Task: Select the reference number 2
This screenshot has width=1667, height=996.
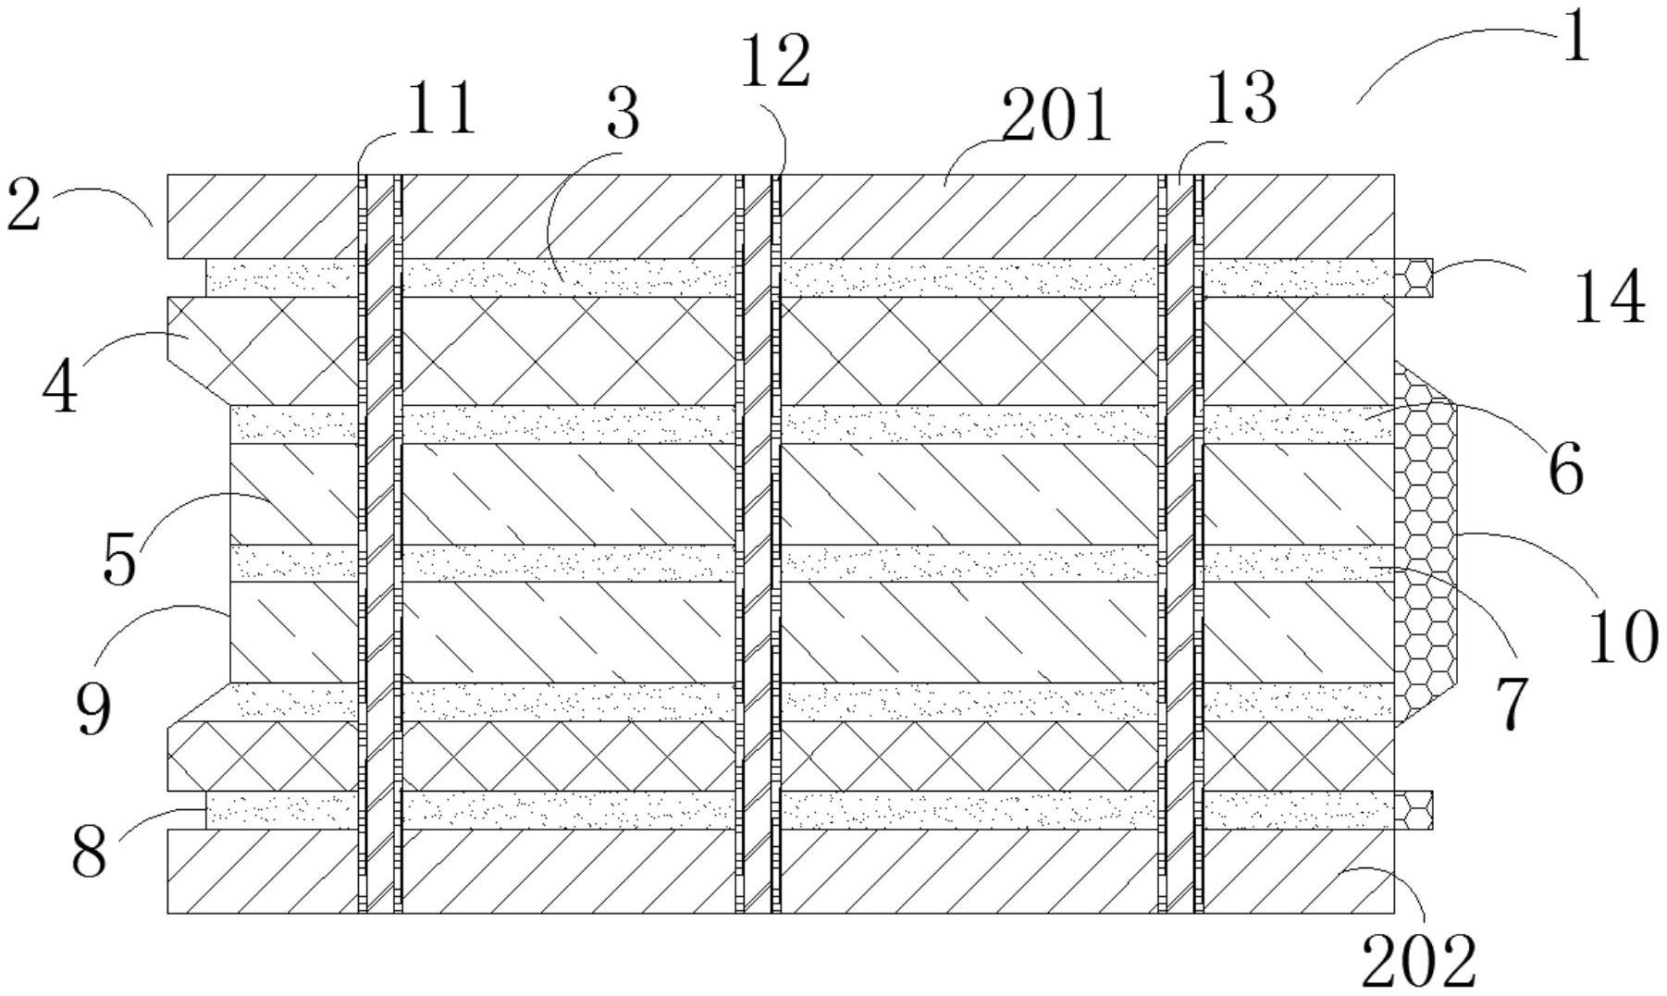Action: pyautogui.click(x=24, y=205)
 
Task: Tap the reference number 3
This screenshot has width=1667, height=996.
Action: pyautogui.click(x=623, y=115)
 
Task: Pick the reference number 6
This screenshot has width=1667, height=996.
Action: pyautogui.click(x=1565, y=468)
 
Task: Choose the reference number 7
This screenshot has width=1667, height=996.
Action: pyautogui.click(x=1511, y=703)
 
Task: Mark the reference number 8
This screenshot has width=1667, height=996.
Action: pyautogui.click(x=90, y=852)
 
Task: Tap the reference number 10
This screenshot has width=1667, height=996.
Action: pyautogui.click(x=1624, y=637)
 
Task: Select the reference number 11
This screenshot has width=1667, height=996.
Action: pyautogui.click(x=441, y=108)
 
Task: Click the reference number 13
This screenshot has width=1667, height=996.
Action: pyautogui.click(x=1242, y=99)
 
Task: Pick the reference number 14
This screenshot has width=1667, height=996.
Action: pyautogui.click(x=1609, y=297)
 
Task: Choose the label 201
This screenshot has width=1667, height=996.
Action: pyautogui.click(x=1056, y=117)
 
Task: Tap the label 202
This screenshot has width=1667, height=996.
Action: pyautogui.click(x=1418, y=963)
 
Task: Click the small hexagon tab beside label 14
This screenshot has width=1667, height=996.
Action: pyautogui.click(x=1414, y=277)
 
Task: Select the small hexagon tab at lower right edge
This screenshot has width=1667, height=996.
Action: pyautogui.click(x=1414, y=809)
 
